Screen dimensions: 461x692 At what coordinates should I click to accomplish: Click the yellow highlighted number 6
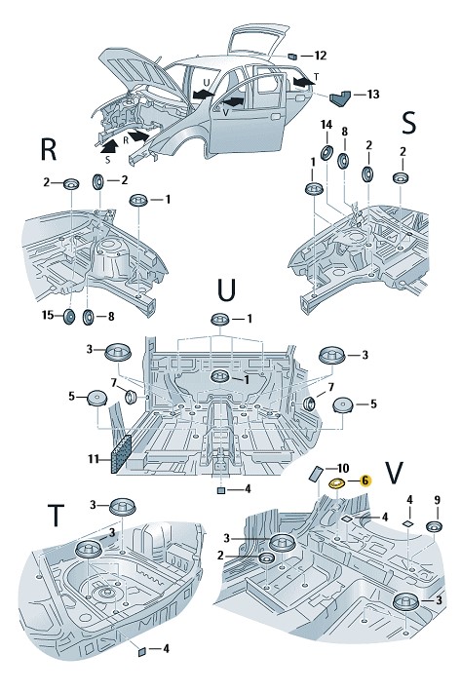point(365,481)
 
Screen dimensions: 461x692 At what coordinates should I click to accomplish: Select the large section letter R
point(49,149)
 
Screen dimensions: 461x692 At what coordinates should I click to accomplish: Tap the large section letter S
point(409,123)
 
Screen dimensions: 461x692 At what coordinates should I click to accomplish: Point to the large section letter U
point(227,289)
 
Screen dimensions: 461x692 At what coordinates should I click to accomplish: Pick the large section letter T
point(56,516)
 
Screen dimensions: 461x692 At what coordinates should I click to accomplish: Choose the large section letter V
point(394,473)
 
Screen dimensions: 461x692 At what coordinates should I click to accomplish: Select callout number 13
point(372,94)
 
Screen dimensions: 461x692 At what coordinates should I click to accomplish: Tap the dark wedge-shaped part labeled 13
point(340,98)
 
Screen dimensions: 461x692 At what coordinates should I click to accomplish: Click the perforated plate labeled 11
point(121,453)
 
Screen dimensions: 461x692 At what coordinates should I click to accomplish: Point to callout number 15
point(48,315)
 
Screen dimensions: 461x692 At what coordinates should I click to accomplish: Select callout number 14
point(327,125)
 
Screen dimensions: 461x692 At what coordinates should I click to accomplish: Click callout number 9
point(438,500)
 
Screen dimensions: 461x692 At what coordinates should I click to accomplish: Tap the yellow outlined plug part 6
point(338,484)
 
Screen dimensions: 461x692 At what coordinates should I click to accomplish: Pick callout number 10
point(343,468)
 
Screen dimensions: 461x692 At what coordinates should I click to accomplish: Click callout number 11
point(94,459)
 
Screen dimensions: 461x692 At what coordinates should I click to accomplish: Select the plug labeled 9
point(434,526)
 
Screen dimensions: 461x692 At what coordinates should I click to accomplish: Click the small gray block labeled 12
point(292,56)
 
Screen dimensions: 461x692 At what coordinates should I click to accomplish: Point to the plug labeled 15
point(69,317)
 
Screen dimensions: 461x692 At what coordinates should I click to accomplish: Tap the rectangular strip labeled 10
point(317,474)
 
